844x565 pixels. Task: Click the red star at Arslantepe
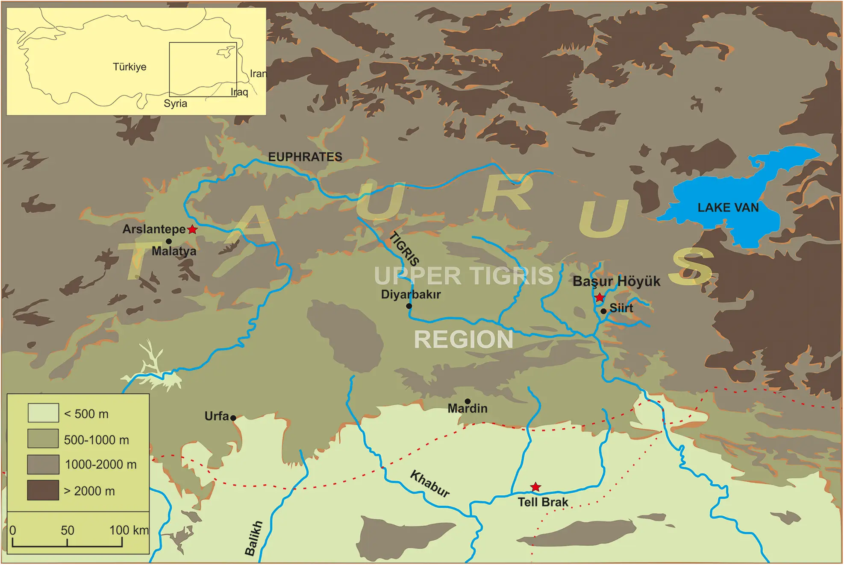(193, 230)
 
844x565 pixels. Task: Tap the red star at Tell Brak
(535, 487)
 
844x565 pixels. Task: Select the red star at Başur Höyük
(600, 298)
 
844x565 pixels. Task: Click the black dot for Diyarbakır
(409, 306)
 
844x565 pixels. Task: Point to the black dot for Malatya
(169, 241)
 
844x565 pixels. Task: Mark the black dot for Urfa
(233, 418)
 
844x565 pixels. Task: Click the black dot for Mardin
(468, 401)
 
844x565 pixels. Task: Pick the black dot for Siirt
(603, 311)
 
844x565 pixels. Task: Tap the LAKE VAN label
(728, 208)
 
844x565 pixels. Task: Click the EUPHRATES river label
(305, 157)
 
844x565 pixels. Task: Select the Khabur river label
(430, 484)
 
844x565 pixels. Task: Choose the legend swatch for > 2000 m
(43, 490)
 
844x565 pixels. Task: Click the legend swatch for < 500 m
(43, 413)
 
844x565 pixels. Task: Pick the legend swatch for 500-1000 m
(43, 439)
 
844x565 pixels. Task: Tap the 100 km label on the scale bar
(129, 530)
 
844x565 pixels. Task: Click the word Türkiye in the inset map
(129, 67)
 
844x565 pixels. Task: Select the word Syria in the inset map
(175, 103)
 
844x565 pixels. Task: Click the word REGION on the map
(463, 340)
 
